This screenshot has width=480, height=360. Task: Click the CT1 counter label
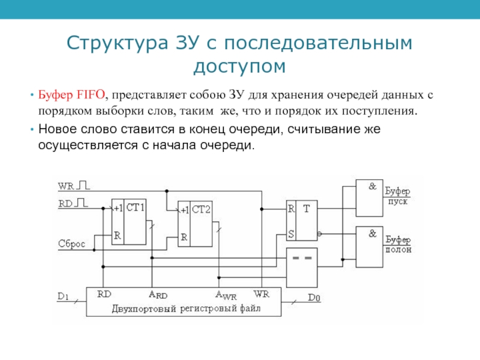pos(136,208)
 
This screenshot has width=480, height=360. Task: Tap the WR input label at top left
pos(65,186)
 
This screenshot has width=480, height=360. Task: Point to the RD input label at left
pos(65,204)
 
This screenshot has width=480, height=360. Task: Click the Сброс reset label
pos(71,244)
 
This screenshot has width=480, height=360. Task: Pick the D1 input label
pos(64,296)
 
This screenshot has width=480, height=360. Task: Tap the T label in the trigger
pos(307,209)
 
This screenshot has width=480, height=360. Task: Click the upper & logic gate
pos(371,197)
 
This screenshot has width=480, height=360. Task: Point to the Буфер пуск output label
pos(398,196)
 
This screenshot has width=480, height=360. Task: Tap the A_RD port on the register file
pos(158,295)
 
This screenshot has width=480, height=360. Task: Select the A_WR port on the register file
pos(226,295)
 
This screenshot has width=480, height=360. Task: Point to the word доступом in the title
pos(239,65)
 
